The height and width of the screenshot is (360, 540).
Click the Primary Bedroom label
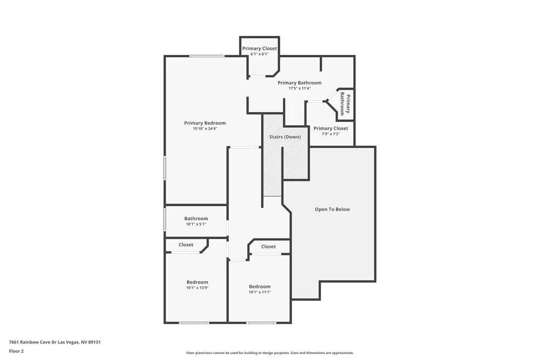pyautogui.click(x=205, y=123)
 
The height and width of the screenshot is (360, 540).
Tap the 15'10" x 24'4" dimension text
pyautogui.click(x=205, y=129)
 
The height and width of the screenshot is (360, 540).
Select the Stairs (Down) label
pyautogui.click(x=285, y=137)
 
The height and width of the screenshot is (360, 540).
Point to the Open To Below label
pyautogui.click(x=332, y=209)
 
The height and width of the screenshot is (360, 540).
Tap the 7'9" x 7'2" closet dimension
pyautogui.click(x=330, y=134)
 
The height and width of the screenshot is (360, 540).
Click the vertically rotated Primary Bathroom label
pyautogui.click(x=345, y=104)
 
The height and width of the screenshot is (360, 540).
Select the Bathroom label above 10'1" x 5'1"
pyautogui.click(x=196, y=219)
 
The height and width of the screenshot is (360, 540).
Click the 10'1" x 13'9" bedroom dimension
pyautogui.click(x=197, y=288)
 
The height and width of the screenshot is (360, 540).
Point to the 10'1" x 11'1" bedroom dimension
pyautogui.click(x=259, y=293)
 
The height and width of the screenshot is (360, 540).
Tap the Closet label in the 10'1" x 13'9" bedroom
pyautogui.click(x=186, y=245)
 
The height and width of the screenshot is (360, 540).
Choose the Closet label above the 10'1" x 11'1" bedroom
pyautogui.click(x=268, y=247)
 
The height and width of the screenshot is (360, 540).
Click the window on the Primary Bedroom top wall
pyautogui.click(x=207, y=56)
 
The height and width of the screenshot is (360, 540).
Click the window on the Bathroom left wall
pyautogui.click(x=165, y=220)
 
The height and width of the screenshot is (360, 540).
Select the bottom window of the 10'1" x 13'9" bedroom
pyautogui.click(x=194, y=323)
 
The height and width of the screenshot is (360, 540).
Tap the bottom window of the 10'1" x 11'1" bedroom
pyautogui.click(x=261, y=323)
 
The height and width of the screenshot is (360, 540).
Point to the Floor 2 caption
pyautogui.click(x=16, y=351)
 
